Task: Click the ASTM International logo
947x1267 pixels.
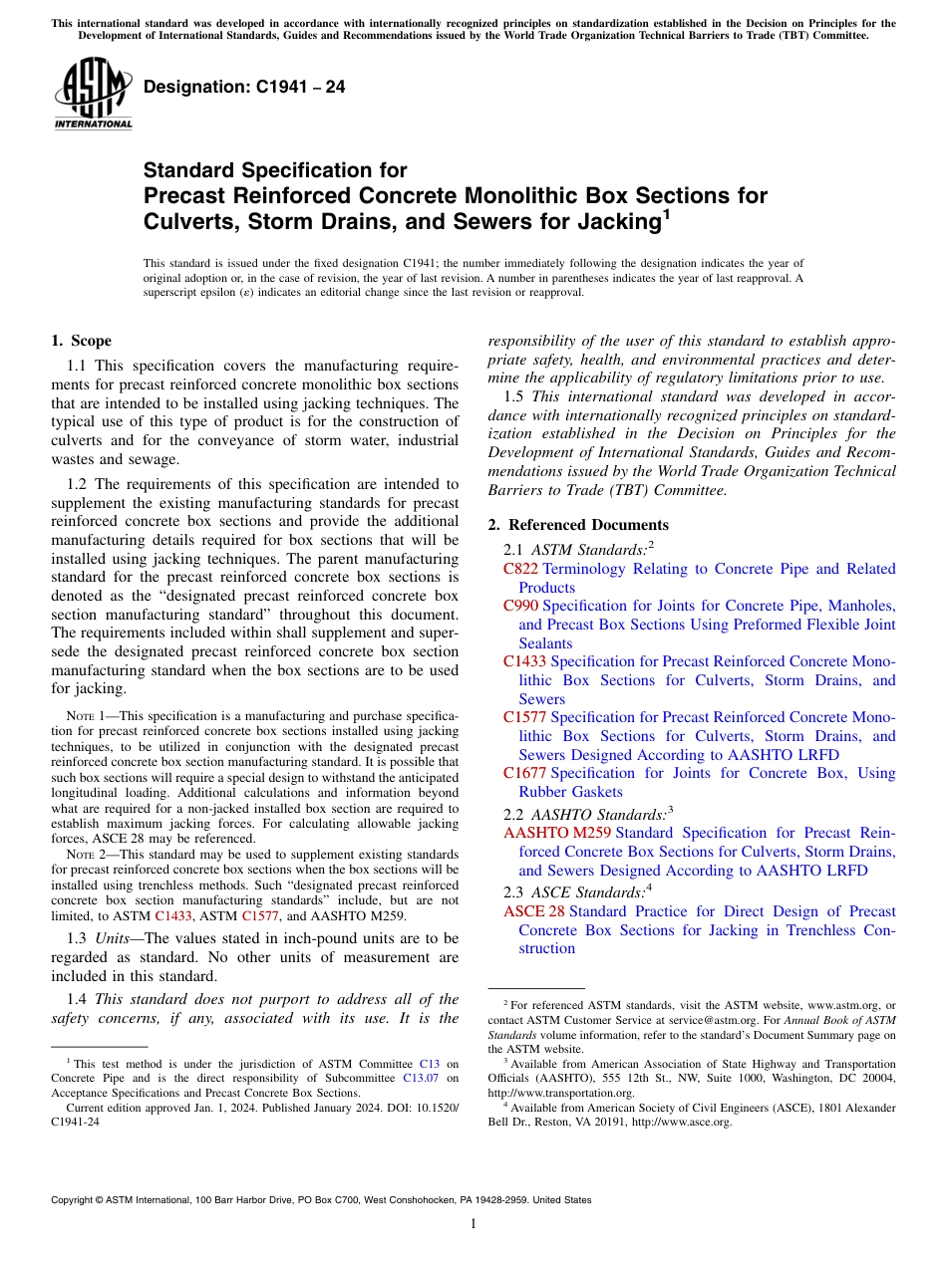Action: coord(93,96)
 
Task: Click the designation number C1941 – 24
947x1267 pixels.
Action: coord(244,87)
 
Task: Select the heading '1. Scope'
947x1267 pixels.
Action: coord(81,341)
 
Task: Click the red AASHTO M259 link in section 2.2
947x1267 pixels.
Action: coord(557,833)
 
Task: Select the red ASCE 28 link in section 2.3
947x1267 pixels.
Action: coord(533,911)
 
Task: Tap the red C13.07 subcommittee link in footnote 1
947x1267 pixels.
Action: coord(423,1078)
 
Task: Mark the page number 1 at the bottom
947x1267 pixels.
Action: coord(473,1224)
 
